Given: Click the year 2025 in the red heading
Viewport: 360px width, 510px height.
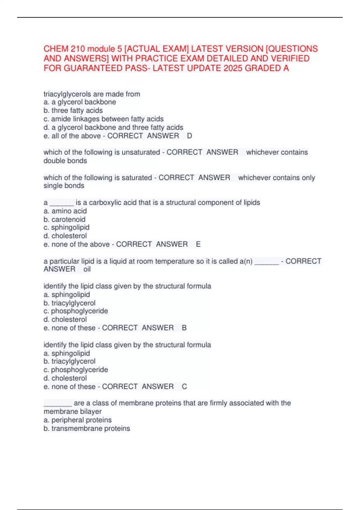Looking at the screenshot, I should pos(233,68).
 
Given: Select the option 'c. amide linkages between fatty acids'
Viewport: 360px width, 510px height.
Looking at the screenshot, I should pos(103,119).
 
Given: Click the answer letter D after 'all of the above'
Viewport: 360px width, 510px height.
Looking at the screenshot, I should pos(189,136).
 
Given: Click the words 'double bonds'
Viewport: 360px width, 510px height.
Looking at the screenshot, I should pos(65,161).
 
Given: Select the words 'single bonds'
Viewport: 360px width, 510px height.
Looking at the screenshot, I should pos(64,186).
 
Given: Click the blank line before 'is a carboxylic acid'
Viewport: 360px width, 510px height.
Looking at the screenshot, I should pos(61,203).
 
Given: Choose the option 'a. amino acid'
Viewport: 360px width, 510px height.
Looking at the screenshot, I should pos(65,211).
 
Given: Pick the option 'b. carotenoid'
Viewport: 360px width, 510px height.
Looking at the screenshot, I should pos(64,219).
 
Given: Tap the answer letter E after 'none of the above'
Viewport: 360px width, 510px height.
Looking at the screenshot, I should pos(198,244).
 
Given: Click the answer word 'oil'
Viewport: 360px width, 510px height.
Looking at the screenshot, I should pos(87,269).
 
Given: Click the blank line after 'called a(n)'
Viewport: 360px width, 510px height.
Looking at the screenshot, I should pos(266,262).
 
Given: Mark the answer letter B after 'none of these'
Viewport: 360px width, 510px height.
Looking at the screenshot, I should pos(184,328).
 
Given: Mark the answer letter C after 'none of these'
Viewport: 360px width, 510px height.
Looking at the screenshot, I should pos(184,387).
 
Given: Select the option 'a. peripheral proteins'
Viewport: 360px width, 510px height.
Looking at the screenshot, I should pos(77,420).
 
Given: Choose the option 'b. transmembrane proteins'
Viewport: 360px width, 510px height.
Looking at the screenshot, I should pos(87,428).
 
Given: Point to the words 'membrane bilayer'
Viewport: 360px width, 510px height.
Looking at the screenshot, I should pos(73,412).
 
